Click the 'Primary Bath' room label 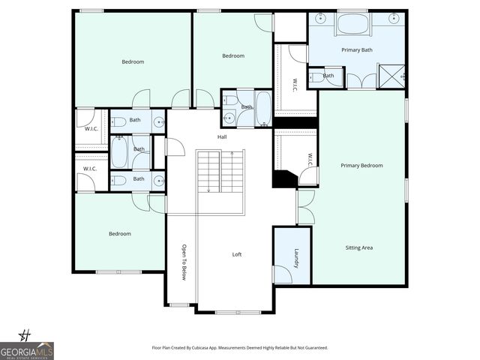click(x=357, y=50)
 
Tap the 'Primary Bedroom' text click(x=361, y=165)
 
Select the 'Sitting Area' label click(x=358, y=247)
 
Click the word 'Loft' click(x=237, y=254)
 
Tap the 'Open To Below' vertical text click(x=184, y=262)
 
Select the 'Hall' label click(x=222, y=136)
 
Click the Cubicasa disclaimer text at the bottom click(x=239, y=348)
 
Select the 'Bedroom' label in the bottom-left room click(x=120, y=234)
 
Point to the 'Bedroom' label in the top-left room click(x=133, y=61)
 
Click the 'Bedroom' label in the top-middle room click(x=232, y=55)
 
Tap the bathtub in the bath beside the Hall click(x=263, y=107)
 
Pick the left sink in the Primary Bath click(x=320, y=18)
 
